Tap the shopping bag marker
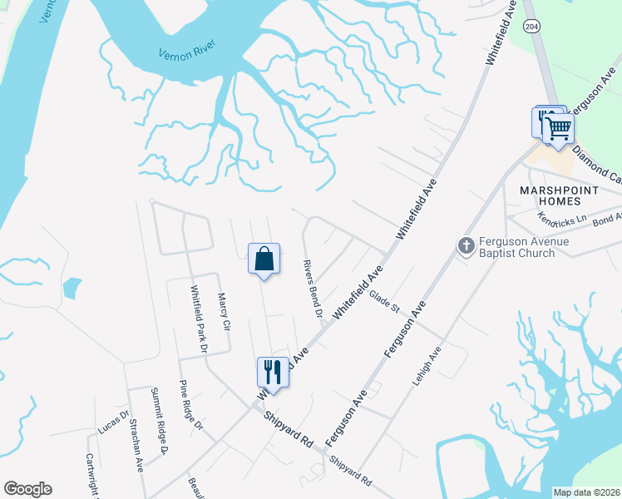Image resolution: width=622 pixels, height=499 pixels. click(x=264, y=259)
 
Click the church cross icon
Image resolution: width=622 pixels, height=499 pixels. click(x=466, y=245)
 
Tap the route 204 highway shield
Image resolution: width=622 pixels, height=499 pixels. click(x=531, y=27)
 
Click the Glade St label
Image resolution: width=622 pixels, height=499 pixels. click(x=385, y=300)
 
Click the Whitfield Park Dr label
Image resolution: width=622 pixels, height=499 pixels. click(x=199, y=319)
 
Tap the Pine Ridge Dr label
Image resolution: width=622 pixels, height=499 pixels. click(x=191, y=405)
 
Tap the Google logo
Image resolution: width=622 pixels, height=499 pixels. click(x=27, y=489)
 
